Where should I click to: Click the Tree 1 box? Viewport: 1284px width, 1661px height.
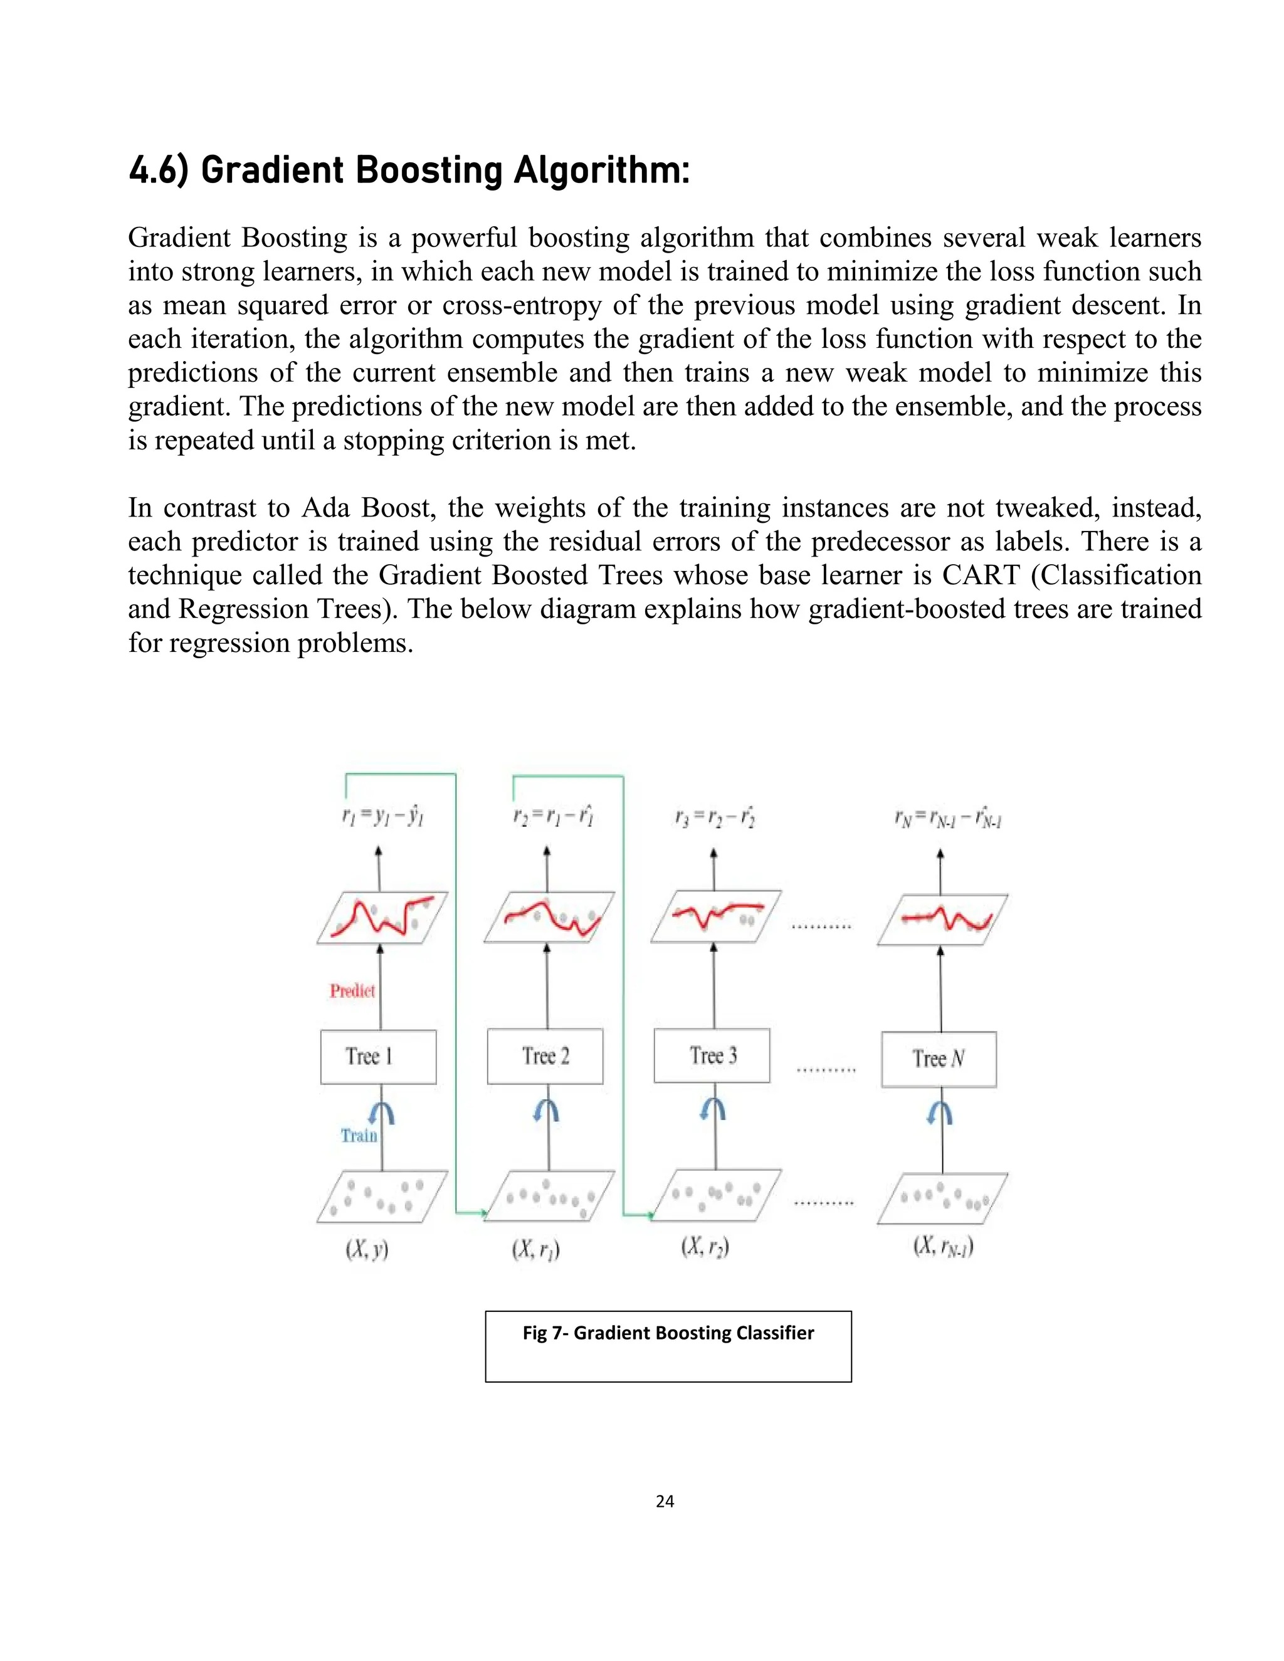tap(378, 1056)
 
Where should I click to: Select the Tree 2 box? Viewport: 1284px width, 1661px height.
tap(545, 1056)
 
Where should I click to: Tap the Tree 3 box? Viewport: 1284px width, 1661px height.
tap(712, 1055)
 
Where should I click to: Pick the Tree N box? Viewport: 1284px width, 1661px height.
tap(939, 1059)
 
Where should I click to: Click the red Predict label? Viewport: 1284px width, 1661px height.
tap(352, 990)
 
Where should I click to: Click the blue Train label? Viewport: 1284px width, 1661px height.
tap(358, 1136)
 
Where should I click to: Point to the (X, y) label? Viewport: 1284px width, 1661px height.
tap(367, 1249)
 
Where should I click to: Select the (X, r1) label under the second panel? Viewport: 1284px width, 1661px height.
tap(535, 1249)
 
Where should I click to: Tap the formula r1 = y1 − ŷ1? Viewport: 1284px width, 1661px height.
tap(382, 817)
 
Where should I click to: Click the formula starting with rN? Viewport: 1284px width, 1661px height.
tap(948, 819)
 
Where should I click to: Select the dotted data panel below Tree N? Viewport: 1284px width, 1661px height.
tap(942, 1198)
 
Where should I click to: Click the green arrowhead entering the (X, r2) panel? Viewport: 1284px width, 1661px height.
tap(650, 1215)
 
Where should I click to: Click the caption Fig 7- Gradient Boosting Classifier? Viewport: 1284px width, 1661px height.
tap(668, 1333)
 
